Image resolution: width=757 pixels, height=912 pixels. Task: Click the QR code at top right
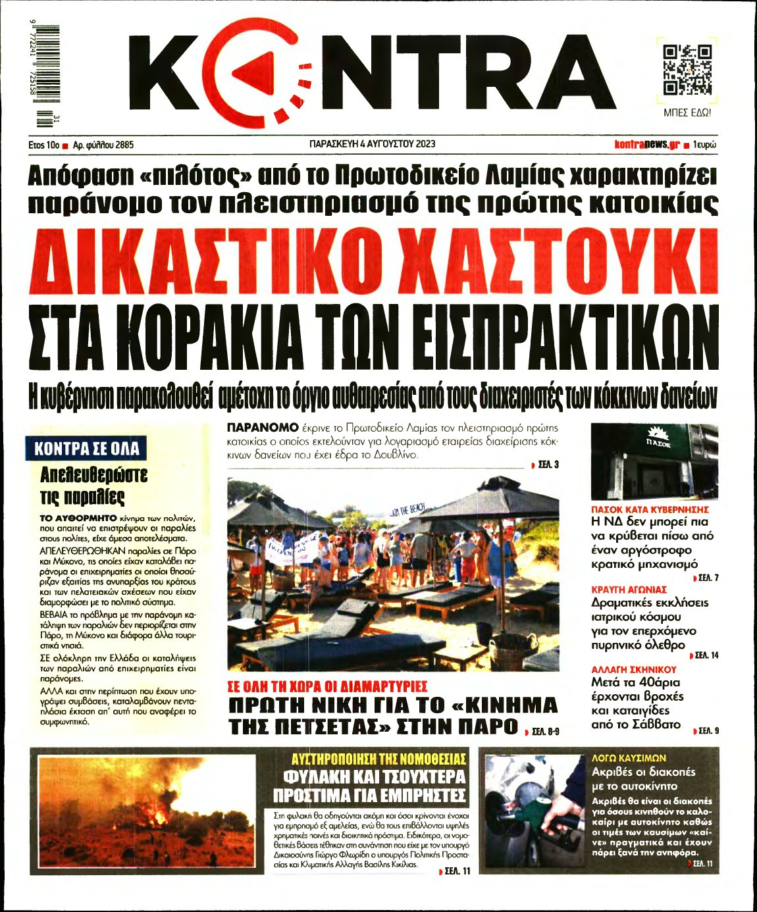(687, 69)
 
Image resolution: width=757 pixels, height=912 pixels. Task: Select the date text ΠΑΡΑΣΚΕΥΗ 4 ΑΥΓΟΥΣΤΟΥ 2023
(372, 144)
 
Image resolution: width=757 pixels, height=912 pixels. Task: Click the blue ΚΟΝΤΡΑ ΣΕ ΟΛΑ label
(86, 449)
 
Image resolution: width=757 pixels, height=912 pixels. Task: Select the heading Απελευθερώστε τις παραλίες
(93, 485)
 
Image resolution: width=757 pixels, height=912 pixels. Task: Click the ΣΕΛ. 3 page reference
(547, 465)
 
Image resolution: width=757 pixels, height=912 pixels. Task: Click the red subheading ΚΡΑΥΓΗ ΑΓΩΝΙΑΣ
(629, 590)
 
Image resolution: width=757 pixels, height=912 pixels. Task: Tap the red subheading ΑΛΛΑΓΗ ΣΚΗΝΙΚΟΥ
(634, 669)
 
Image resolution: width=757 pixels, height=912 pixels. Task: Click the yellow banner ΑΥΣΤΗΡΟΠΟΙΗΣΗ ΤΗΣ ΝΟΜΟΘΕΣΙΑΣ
(378, 759)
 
